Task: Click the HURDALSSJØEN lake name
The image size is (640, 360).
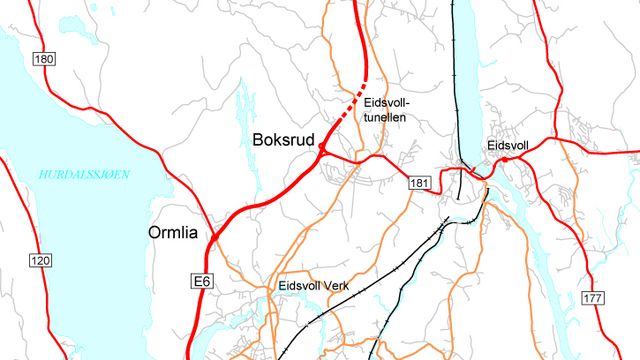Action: click(x=85, y=174)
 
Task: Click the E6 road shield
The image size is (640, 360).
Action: click(x=201, y=283)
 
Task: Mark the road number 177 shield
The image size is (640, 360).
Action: click(x=594, y=299)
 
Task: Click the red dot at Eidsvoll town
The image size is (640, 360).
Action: click(x=505, y=159)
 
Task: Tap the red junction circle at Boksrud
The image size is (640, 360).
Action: click(x=323, y=150)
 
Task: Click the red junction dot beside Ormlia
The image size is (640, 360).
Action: click(x=213, y=235)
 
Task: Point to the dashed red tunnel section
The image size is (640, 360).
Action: click(x=345, y=115)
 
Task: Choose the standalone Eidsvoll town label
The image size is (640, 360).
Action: click(x=506, y=145)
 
